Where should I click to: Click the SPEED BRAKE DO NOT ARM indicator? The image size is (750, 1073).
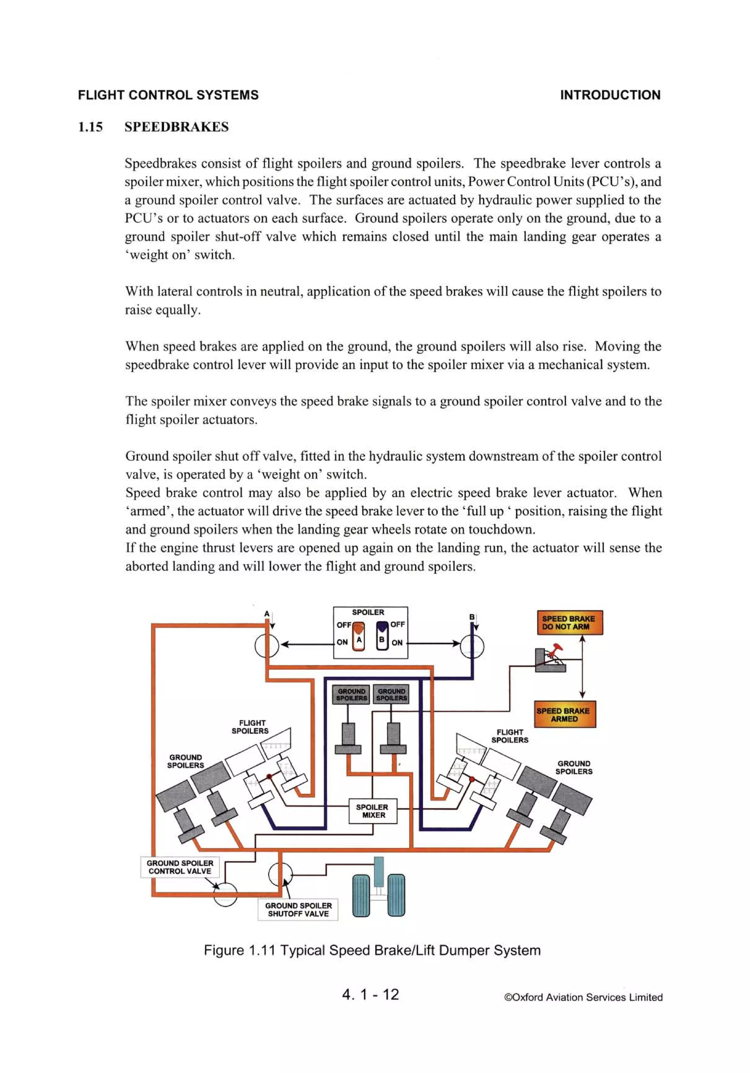[x=569, y=622]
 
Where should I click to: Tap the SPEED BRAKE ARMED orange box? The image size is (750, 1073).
[x=565, y=714]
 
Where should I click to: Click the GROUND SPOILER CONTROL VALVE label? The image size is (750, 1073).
[x=180, y=867]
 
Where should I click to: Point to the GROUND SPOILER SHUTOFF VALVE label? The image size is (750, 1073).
[x=298, y=910]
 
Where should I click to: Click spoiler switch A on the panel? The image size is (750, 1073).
[x=358, y=636]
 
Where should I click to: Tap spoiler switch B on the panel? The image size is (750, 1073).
[x=382, y=636]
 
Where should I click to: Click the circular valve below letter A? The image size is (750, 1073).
[x=267, y=646]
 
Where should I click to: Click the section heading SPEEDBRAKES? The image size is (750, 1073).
[x=177, y=127]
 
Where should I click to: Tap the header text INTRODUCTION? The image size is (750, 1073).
[x=610, y=95]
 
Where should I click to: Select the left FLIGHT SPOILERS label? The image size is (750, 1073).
[x=251, y=727]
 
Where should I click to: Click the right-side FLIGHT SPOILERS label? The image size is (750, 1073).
[x=509, y=736]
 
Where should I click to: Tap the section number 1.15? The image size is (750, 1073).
[x=90, y=127]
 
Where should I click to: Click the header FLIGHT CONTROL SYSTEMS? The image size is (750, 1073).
[x=168, y=95]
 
